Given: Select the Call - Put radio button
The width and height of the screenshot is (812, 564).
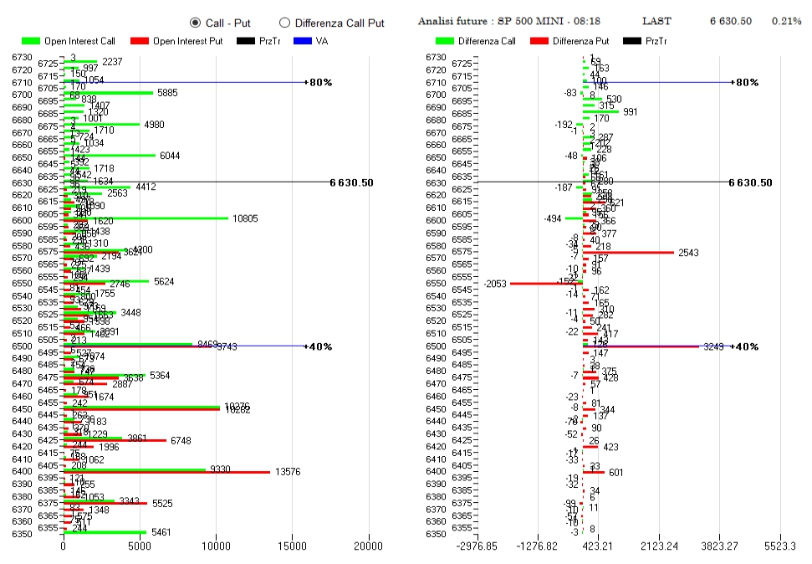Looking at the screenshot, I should (x=196, y=23).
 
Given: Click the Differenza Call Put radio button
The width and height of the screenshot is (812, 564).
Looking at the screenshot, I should (x=284, y=23).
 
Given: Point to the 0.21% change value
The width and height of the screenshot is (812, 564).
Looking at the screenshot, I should (x=786, y=21).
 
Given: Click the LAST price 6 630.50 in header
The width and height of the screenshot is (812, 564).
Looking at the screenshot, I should (x=730, y=21).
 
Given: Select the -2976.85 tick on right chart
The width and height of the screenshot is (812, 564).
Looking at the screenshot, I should (x=473, y=546).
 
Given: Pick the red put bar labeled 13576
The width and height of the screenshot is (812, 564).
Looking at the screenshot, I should (x=166, y=473).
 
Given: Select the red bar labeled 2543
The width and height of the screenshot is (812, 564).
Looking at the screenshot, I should (x=628, y=252).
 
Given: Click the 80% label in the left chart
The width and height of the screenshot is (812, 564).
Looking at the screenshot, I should (x=321, y=82).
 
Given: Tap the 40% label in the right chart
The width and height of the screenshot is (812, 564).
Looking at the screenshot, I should (x=746, y=346).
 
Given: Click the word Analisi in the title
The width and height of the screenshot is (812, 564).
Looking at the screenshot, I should (x=437, y=21).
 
